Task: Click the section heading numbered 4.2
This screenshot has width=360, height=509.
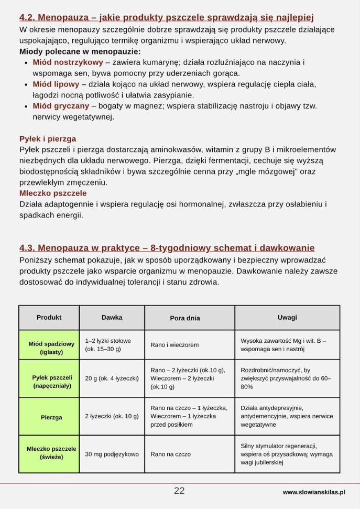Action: (x=166, y=18)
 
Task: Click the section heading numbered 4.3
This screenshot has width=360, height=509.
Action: (x=167, y=247)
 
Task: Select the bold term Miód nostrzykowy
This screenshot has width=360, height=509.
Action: (x=68, y=62)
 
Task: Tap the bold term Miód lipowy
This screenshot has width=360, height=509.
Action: (x=56, y=84)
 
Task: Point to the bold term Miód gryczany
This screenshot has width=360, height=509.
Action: (x=61, y=106)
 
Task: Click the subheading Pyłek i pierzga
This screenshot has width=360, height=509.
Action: (x=48, y=139)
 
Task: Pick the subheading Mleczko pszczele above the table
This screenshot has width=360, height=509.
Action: (x=53, y=193)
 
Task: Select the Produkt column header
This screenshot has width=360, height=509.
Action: (x=49, y=317)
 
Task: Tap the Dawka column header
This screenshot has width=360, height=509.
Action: (x=112, y=317)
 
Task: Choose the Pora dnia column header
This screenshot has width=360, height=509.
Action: (x=185, y=318)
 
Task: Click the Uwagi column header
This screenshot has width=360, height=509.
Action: (x=287, y=317)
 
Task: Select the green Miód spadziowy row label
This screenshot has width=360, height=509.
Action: (x=51, y=348)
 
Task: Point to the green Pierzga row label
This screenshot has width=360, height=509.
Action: (x=51, y=417)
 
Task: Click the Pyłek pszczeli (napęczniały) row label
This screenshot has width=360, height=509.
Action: (x=51, y=382)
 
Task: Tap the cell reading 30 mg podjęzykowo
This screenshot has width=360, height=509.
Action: (x=112, y=454)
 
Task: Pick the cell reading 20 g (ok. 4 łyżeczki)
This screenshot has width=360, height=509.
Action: (x=112, y=378)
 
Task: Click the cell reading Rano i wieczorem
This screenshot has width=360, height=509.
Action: (x=174, y=345)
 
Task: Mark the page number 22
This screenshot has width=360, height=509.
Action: (x=179, y=491)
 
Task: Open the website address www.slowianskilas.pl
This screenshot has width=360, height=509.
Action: (x=313, y=492)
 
